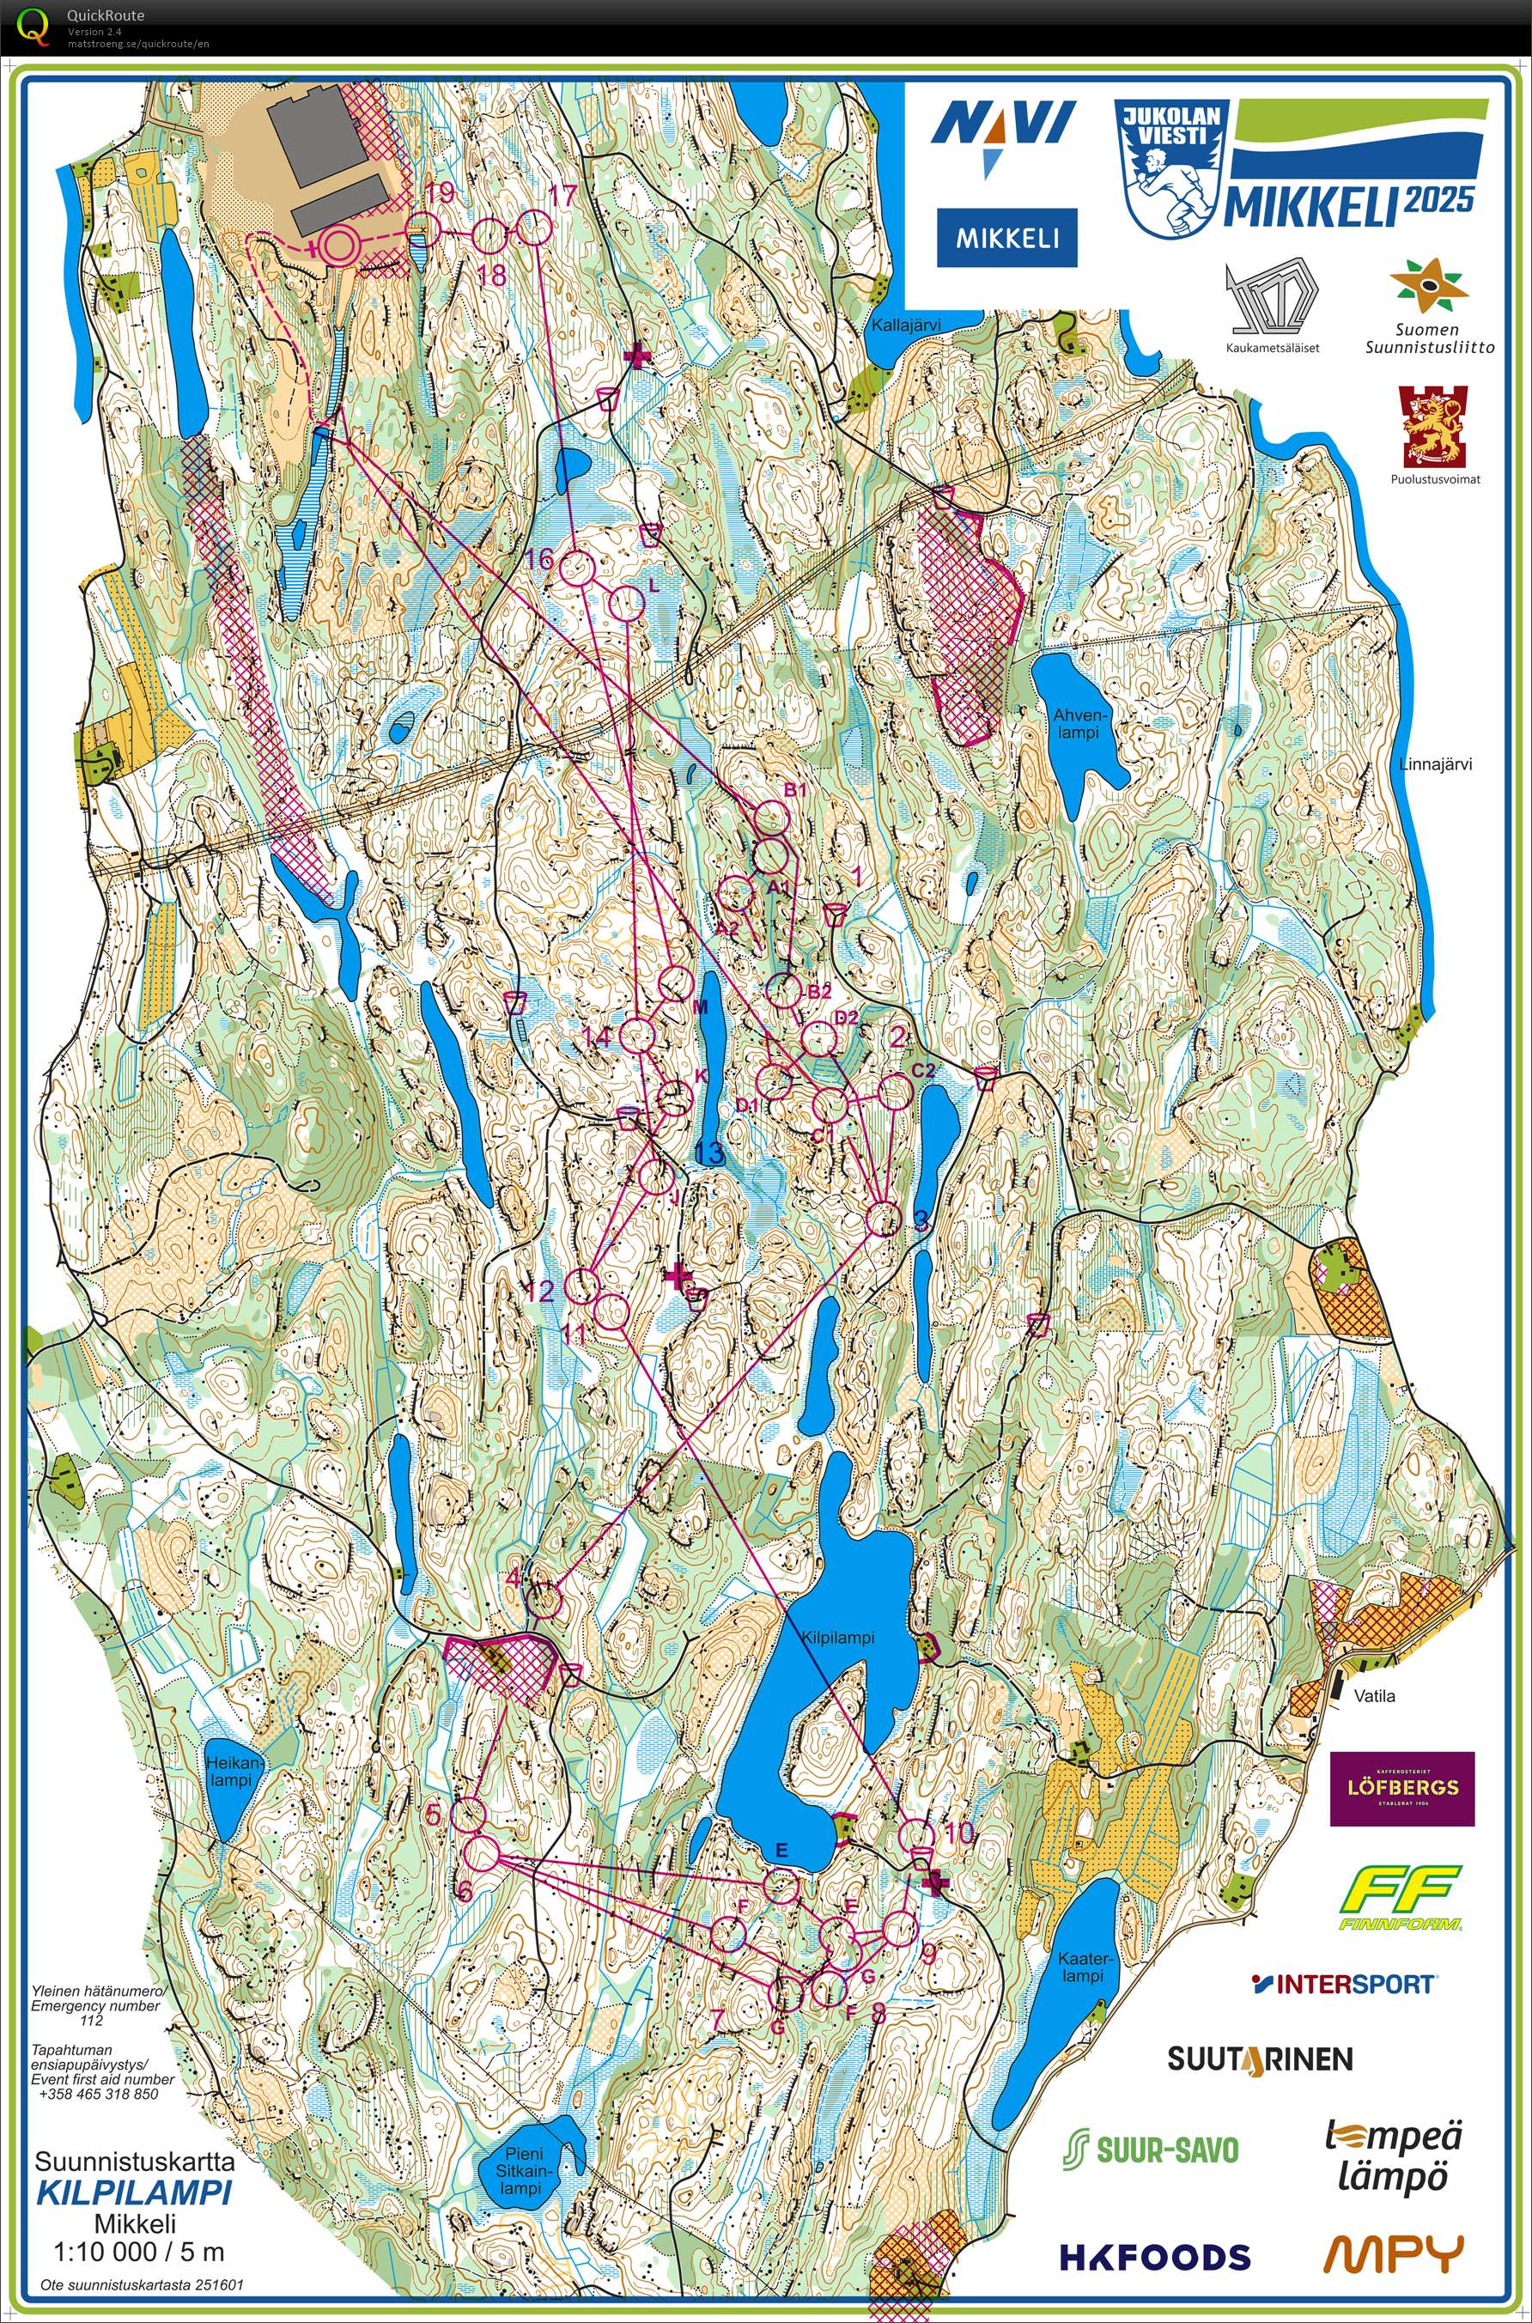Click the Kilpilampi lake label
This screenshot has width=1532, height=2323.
(x=837, y=1639)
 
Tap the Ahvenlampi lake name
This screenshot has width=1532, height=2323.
(x=1076, y=723)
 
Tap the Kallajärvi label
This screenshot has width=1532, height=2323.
(x=914, y=325)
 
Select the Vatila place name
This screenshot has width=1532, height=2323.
(x=1374, y=1696)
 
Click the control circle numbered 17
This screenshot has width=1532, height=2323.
(x=533, y=228)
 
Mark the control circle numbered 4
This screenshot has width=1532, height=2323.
(x=544, y=1601)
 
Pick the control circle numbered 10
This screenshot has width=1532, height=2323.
(x=916, y=1834)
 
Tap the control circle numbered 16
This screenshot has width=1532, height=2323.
(x=576, y=569)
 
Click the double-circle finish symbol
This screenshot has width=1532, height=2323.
(x=338, y=246)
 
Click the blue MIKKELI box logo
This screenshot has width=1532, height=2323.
(x=1006, y=237)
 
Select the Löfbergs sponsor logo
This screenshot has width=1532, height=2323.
(x=1402, y=1788)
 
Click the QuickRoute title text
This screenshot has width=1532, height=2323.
(x=105, y=15)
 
